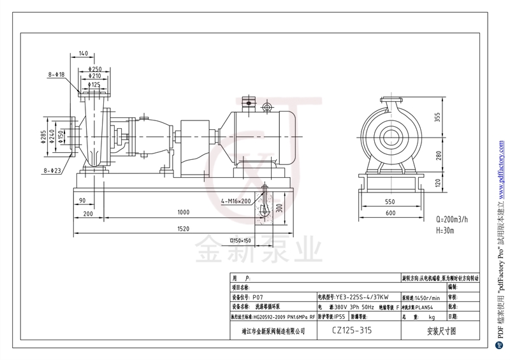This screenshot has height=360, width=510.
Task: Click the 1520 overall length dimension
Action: (x=184, y=228)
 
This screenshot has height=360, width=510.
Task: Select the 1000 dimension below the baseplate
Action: (x=184, y=212)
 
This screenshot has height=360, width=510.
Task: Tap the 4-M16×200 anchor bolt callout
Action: (x=236, y=201)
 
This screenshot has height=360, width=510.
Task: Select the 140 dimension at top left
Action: (x=83, y=54)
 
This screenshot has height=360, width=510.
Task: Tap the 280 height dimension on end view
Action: (x=439, y=156)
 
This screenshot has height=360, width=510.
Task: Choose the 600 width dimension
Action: (x=390, y=213)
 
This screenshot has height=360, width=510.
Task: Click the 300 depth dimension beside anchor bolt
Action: (x=278, y=208)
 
